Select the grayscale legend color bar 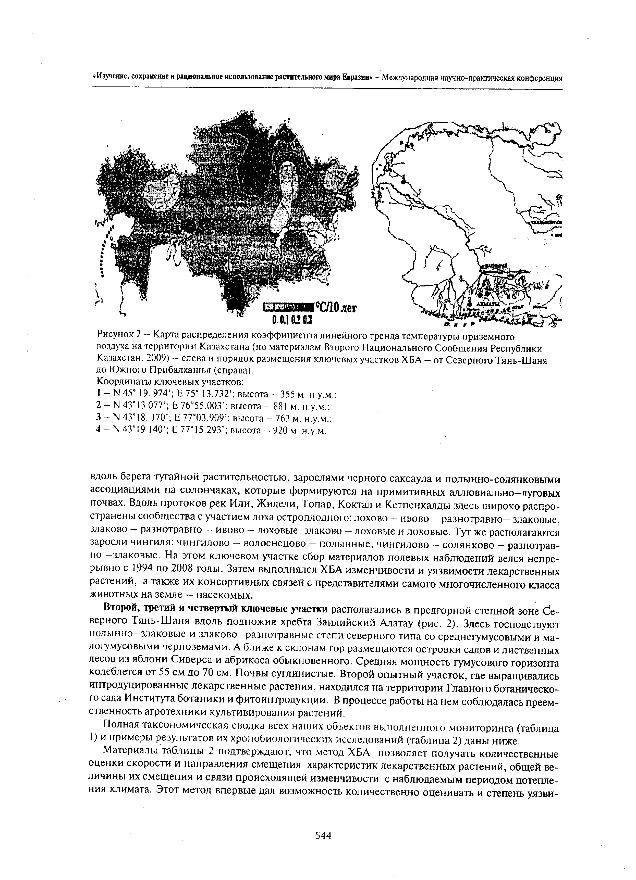[x=288, y=308]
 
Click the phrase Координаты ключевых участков [x=170, y=383]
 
